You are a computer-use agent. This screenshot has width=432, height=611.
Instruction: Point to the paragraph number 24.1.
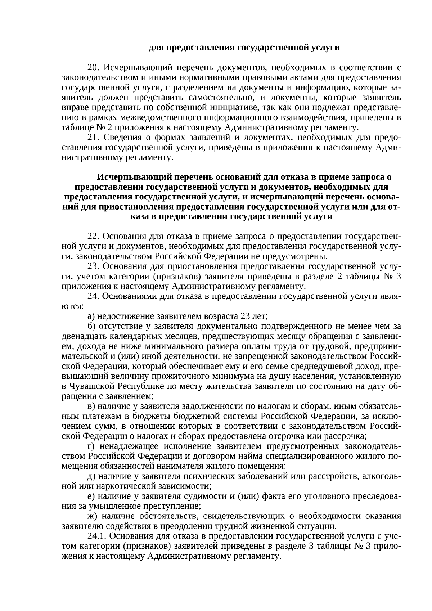pos(97,536)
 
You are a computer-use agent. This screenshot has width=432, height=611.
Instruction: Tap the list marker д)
pos(91,476)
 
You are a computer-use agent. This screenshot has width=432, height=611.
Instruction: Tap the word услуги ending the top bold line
pos(324,48)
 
